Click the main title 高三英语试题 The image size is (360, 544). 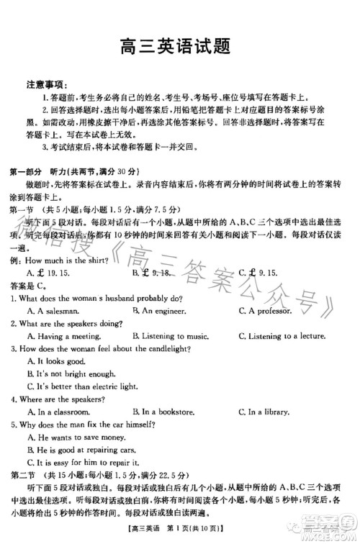180,47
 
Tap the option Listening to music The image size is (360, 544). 170,336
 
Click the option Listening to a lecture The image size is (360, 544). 281,336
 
